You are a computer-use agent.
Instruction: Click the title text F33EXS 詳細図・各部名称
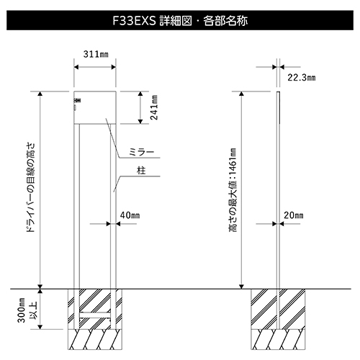point(180,21)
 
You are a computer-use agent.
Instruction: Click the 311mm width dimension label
point(96,54)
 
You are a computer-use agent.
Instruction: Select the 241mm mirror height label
point(154,107)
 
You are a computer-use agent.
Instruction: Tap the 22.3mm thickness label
point(302,78)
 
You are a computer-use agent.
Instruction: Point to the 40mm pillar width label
point(130,215)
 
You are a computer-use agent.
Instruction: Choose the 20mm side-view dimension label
point(293,215)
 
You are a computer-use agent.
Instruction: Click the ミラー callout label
point(141,152)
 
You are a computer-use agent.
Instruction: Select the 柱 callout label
point(141,171)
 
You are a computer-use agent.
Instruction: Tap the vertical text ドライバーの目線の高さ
point(31,187)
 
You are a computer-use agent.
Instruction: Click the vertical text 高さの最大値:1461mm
point(233,190)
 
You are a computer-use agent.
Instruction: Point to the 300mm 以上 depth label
point(27,310)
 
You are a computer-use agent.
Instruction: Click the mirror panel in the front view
point(95,107)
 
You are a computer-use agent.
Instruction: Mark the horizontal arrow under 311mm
point(95,67)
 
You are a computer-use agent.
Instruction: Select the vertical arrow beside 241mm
point(140,107)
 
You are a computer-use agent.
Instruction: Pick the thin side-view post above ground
point(278,190)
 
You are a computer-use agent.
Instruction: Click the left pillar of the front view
point(76,207)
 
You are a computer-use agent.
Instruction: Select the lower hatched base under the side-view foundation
point(278,339)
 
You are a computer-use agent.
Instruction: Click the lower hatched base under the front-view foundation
point(95,339)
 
